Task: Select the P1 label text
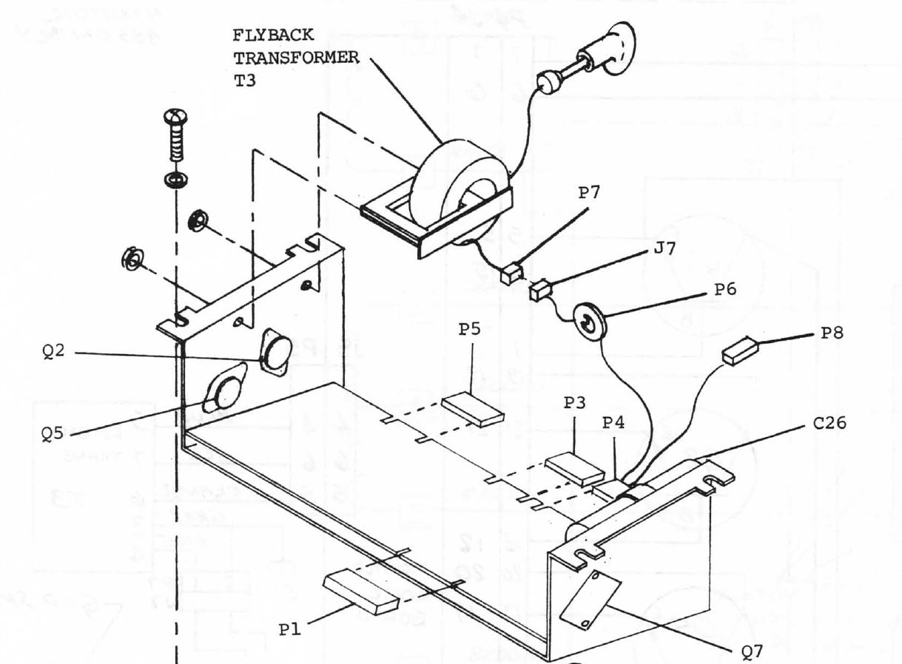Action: click(x=290, y=628)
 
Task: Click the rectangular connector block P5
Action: click(x=473, y=411)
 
